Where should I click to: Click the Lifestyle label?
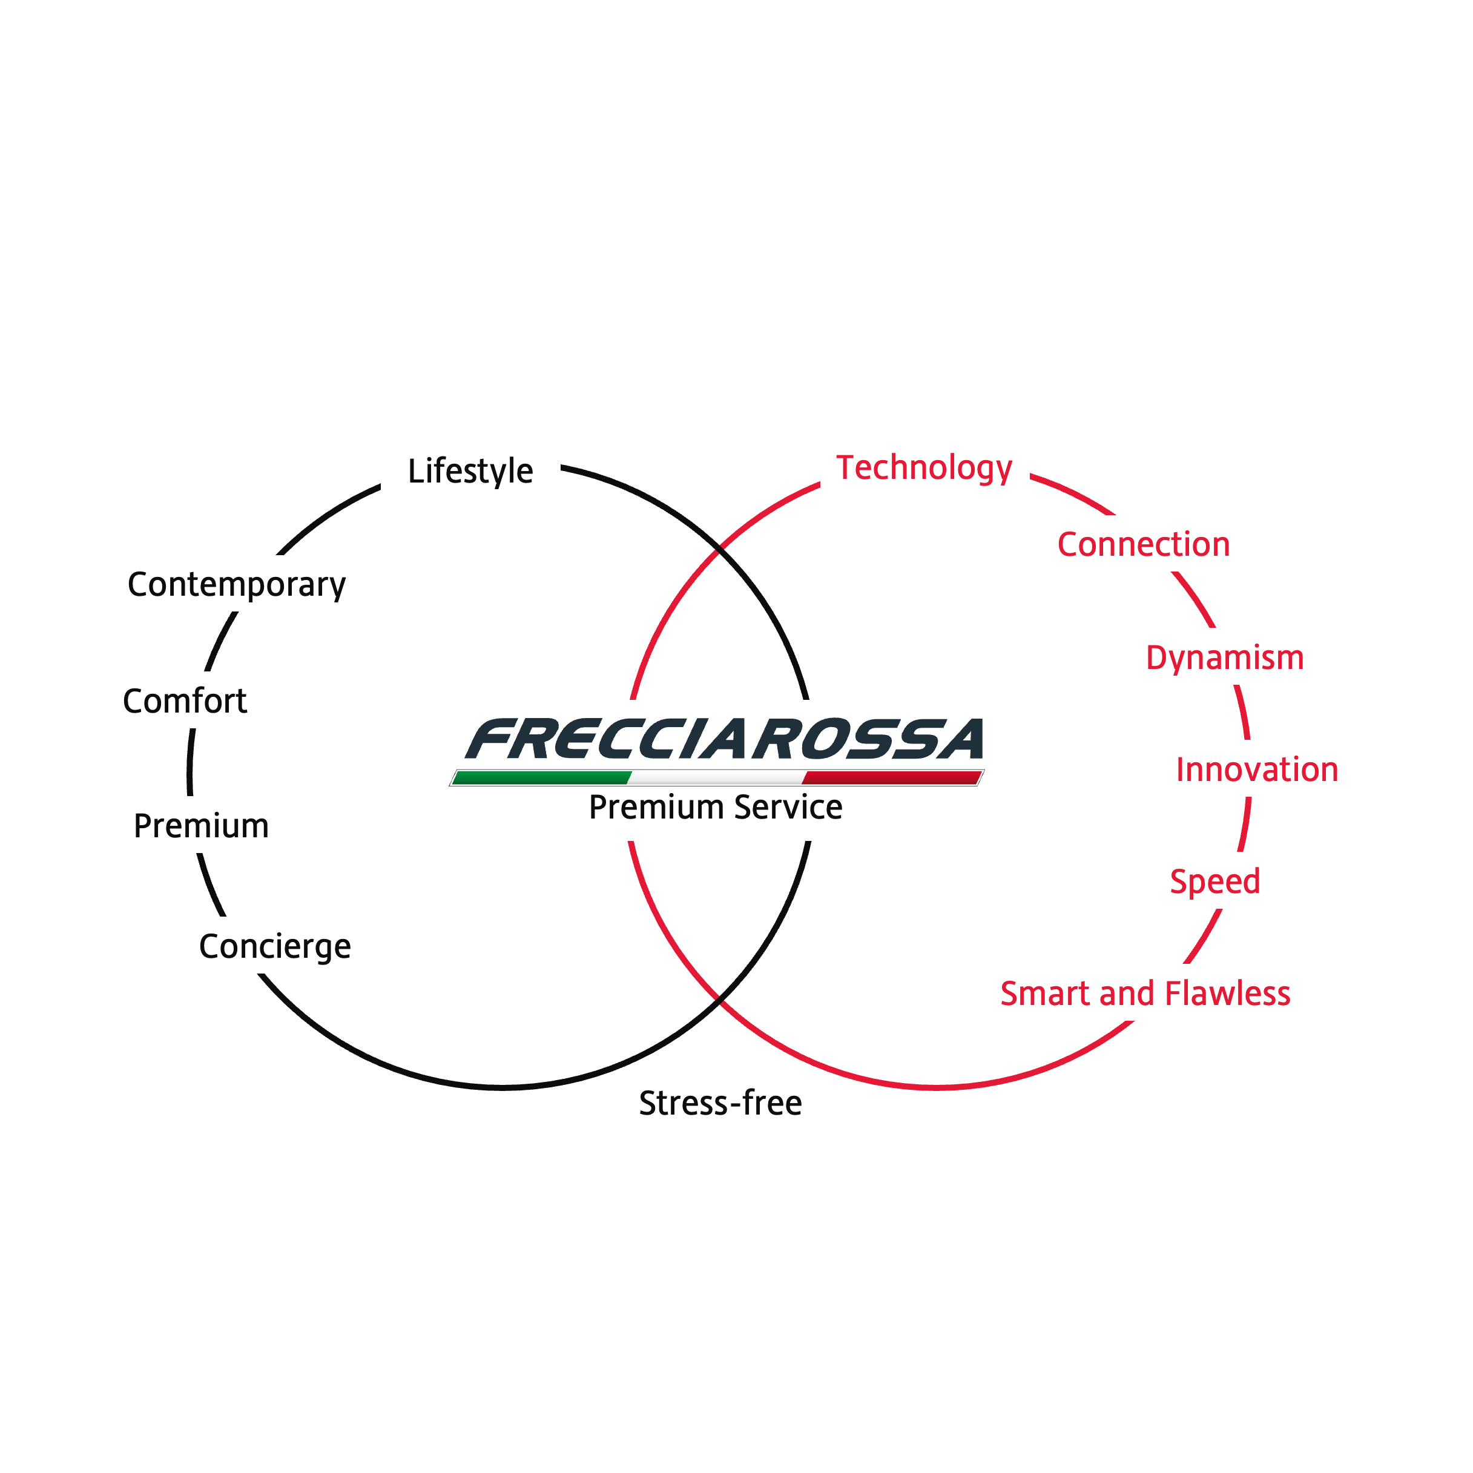coord(470,471)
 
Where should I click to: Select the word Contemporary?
coord(236,585)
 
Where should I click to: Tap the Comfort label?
coord(185,700)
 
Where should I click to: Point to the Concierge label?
coord(274,946)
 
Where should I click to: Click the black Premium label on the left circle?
coord(200,826)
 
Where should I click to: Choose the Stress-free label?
coord(720,1103)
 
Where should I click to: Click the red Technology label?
coord(924,467)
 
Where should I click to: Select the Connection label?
coord(1143,544)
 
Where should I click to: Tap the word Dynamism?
coord(1224,657)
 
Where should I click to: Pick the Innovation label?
coord(1256,769)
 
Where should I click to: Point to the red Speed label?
coord(1214,881)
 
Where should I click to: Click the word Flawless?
coord(1228,994)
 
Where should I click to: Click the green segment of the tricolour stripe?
coord(541,778)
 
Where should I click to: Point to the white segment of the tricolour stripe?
coord(717,778)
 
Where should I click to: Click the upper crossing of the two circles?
coord(720,547)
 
